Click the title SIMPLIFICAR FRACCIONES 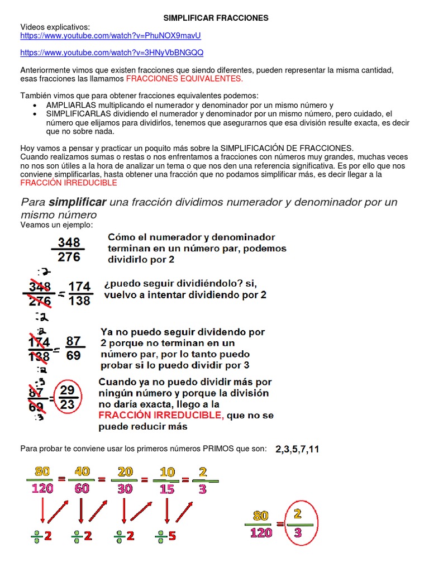214,18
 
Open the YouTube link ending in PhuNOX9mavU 110,35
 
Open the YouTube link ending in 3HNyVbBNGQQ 112,53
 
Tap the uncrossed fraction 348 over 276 69,249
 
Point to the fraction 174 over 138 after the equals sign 79,293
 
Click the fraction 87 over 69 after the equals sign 73,347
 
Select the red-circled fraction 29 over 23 68,398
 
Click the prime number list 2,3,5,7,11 297,449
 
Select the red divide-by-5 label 165,536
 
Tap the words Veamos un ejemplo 56,225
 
